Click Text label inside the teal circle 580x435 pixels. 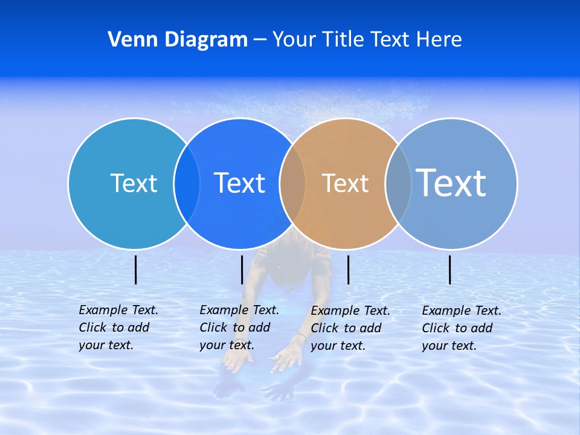pos(134,183)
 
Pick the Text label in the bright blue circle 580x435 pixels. pos(239,183)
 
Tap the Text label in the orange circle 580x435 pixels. pos(345,183)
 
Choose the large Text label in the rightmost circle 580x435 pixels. pos(451,183)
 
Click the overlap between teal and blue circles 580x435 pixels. pos(187,183)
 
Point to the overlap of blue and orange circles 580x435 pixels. pos(292,183)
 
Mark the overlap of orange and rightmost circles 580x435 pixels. pos(398,183)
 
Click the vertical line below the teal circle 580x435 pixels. pos(136,269)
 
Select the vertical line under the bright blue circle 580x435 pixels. pos(242,269)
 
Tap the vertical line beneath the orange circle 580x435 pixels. pos(348,269)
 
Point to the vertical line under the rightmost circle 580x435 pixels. pos(450,269)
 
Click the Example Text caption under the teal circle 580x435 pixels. pos(118,327)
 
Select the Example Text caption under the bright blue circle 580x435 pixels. pos(239,327)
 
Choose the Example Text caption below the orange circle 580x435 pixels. pos(350,328)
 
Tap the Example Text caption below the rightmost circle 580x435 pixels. pos(461,328)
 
